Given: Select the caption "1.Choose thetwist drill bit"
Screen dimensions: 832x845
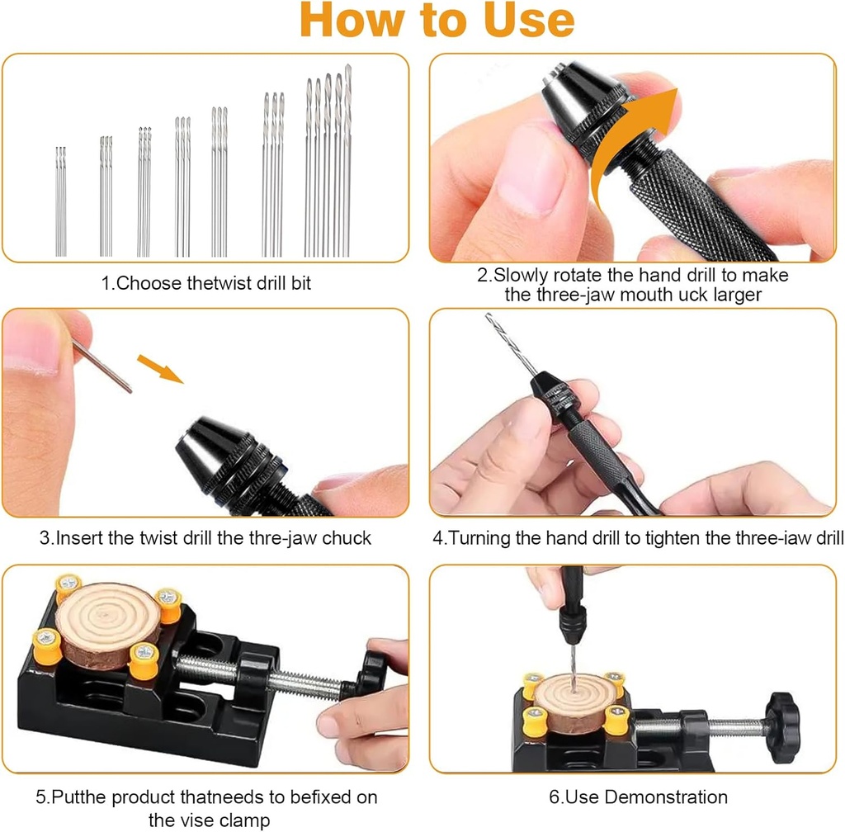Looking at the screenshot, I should pyautogui.click(x=206, y=283).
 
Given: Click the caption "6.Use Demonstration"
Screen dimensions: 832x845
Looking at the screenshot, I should pyautogui.click(x=639, y=797).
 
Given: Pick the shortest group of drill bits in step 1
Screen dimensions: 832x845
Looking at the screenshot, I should pyautogui.click(x=60, y=202).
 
